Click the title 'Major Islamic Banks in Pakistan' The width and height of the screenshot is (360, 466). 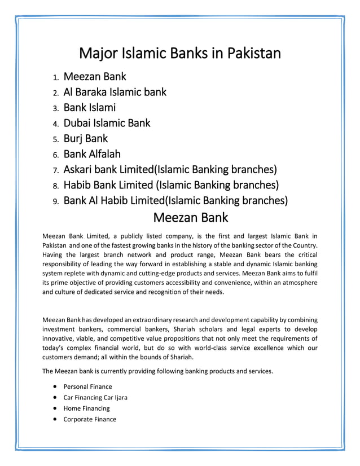(x=179, y=54)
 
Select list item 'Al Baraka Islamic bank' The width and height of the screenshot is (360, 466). (x=115, y=92)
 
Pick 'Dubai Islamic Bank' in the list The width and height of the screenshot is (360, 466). (x=107, y=122)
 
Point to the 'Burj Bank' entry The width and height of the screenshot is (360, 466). (x=85, y=138)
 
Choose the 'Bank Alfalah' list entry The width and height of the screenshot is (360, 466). (x=92, y=153)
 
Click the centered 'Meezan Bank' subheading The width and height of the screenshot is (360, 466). (x=191, y=217)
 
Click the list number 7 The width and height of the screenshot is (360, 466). (x=56, y=170)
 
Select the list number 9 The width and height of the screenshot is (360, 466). (x=56, y=201)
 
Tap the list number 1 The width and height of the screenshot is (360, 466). (x=56, y=77)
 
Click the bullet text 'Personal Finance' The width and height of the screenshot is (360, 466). (x=87, y=386)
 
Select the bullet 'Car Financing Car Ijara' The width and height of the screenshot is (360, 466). (x=95, y=397)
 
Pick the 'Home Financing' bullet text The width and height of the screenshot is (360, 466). (x=86, y=408)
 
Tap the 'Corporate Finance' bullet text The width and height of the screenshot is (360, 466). (x=90, y=419)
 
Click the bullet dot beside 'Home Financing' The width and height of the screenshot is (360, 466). (x=54, y=408)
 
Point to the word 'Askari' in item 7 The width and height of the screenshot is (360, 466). (x=79, y=169)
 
